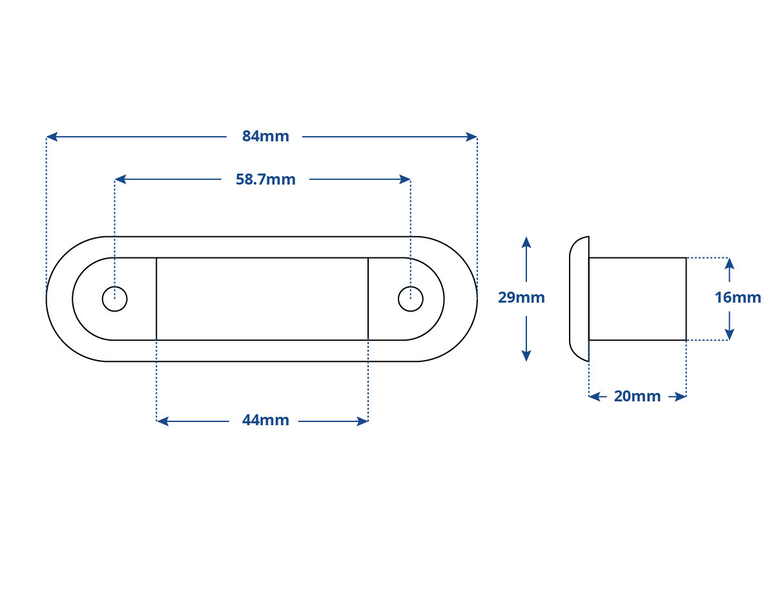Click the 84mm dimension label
point(265,136)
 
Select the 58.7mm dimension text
point(265,179)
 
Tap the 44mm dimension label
point(265,420)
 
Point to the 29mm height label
point(521,297)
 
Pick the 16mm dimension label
point(738,297)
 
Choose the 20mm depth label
point(637,396)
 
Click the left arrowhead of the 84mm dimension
point(52,137)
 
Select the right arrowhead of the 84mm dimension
point(471,137)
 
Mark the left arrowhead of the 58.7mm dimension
point(120,179)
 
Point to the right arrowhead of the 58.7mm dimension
point(405,179)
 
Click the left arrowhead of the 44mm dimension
point(162,421)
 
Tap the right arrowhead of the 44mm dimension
point(362,421)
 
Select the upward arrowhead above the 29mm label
point(526,242)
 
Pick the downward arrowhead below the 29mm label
point(526,356)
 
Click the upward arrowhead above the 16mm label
point(729,264)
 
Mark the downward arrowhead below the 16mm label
point(729,334)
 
